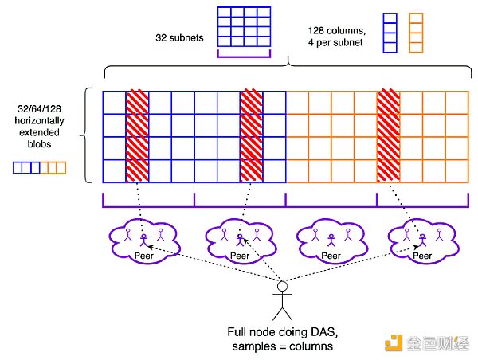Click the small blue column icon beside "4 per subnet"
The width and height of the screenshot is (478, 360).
pos(390,31)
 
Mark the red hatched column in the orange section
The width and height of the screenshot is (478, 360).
pos(389,136)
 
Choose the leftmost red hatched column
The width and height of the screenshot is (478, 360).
pos(137,136)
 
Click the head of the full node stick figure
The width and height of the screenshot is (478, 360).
pos(281,287)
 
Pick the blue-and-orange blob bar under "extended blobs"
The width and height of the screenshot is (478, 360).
pos(39,168)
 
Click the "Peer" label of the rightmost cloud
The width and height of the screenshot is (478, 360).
pos(422,256)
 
